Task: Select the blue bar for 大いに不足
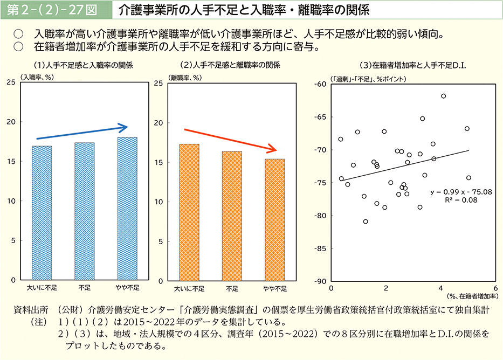pyautogui.click(x=42, y=213)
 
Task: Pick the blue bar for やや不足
pyautogui.click(x=127, y=209)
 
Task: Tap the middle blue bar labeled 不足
pyautogui.click(x=84, y=211)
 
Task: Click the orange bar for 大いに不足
pyautogui.click(x=189, y=212)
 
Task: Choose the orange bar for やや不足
pyautogui.click(x=275, y=220)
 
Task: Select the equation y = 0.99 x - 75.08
pyautogui.click(x=461, y=191)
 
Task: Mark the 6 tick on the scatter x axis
pyautogui.click(x=495, y=288)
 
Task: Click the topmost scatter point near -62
pyautogui.click(x=443, y=96)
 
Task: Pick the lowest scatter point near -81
pyautogui.click(x=366, y=221)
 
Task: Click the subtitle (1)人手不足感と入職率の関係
pyautogui.click(x=83, y=65)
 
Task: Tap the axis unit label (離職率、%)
pyautogui.click(x=185, y=78)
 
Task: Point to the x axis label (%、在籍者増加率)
pyautogui.click(x=472, y=296)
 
